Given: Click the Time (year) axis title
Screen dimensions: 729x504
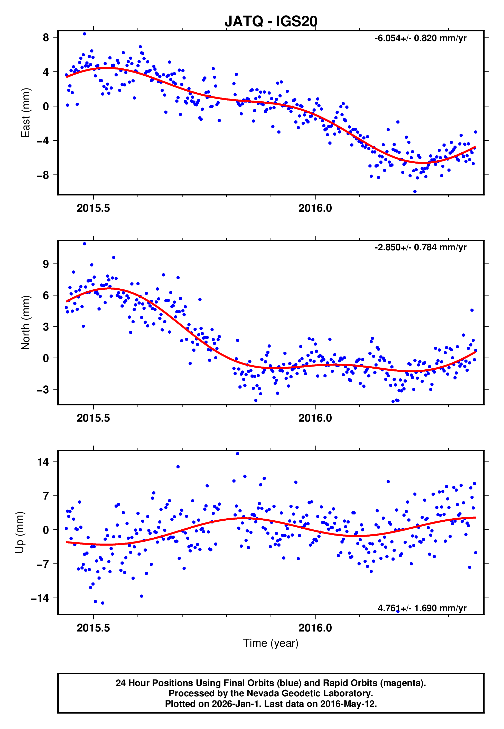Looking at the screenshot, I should click(x=271, y=643).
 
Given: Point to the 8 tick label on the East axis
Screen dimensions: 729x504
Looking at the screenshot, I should click(x=46, y=37).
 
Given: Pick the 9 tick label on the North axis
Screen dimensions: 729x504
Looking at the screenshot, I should click(x=46, y=264).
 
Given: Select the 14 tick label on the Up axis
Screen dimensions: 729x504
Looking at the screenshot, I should click(x=43, y=462).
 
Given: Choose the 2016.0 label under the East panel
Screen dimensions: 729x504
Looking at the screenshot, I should click(x=315, y=208).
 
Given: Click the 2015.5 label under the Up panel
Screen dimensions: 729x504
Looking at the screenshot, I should click(x=93, y=628).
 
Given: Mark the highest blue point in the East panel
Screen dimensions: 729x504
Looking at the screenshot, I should click(x=84, y=34).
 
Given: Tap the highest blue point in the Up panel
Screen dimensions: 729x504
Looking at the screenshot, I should click(x=237, y=454).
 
